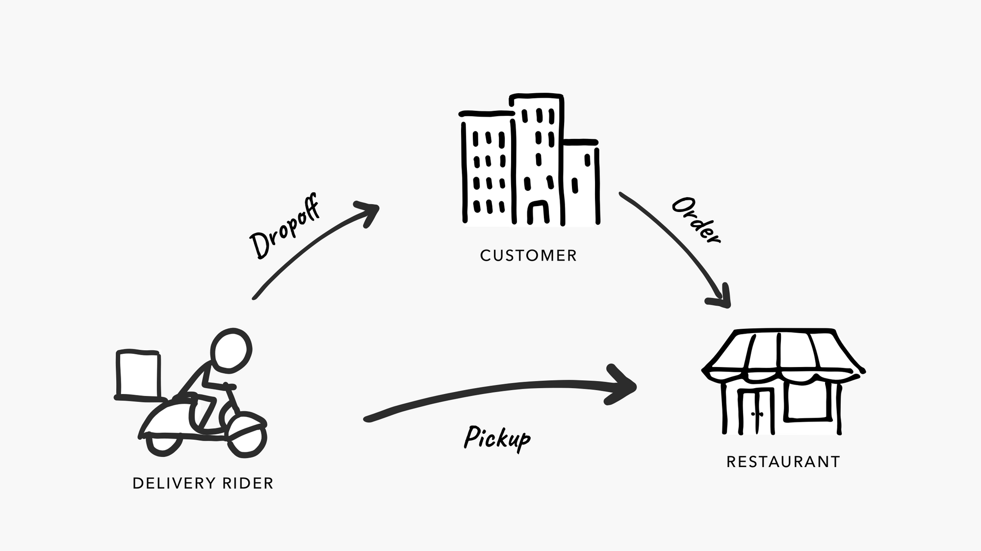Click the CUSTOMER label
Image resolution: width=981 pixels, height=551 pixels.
528,256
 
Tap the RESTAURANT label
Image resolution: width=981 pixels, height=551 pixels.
783,462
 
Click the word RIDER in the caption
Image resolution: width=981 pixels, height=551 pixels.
248,483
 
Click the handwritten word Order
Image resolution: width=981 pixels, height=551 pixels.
696,220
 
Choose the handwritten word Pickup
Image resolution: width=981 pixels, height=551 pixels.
497,438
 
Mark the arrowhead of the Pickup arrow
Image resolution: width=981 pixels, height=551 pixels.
622,385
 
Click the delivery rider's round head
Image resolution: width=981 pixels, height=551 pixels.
231,350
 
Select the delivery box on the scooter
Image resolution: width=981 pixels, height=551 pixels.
138,374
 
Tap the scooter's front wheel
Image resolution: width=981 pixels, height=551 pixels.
248,437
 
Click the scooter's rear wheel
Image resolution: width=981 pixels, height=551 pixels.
164,444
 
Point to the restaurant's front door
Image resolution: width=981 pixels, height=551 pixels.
756,411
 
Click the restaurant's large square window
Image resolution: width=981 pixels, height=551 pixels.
809,400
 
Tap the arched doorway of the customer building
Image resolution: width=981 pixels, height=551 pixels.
538,212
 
